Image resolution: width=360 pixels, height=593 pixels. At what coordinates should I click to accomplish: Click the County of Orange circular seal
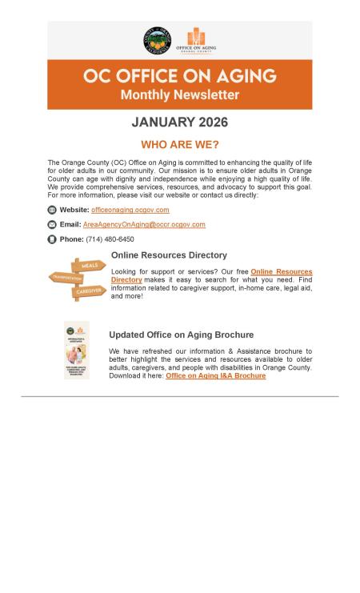157,41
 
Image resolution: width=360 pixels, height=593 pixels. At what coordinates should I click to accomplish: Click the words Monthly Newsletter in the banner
179,95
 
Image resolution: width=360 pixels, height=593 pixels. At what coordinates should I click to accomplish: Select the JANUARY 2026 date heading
179,122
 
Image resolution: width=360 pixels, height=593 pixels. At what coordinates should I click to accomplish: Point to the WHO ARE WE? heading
179,145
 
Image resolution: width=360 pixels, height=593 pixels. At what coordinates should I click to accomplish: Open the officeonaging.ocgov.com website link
130,210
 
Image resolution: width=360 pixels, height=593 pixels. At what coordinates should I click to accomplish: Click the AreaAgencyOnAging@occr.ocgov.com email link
144,225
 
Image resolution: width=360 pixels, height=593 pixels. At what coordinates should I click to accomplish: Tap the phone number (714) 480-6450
110,239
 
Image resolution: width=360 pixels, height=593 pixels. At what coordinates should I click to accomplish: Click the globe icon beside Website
52,210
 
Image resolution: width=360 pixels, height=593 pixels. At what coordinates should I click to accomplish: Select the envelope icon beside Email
52,225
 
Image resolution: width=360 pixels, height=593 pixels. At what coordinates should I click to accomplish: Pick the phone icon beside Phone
52,239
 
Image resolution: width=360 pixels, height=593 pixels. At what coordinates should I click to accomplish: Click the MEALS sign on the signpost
89,266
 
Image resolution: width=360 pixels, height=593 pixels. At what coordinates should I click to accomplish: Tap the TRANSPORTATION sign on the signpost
67,278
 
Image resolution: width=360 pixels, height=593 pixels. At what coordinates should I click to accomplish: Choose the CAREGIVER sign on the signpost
89,292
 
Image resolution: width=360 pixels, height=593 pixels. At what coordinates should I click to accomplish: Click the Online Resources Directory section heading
169,255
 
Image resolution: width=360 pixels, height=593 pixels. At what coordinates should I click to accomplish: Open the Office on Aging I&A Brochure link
215,375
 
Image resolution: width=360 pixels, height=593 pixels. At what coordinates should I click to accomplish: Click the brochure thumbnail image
77,351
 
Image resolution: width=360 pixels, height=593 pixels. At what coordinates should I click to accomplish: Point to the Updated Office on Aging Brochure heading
181,335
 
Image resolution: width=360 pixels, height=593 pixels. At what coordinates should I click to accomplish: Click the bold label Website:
74,210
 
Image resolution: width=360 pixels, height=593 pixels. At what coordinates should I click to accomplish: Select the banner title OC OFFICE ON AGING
179,76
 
